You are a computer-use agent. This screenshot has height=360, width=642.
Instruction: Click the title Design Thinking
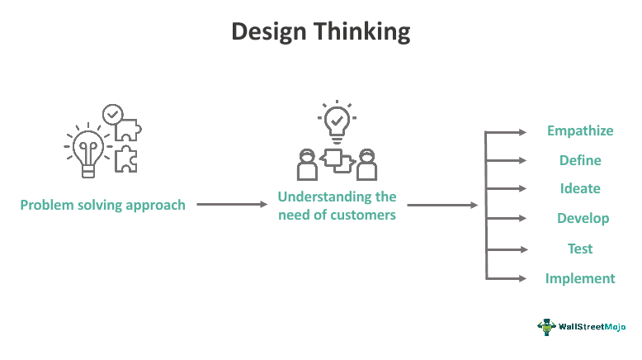321,31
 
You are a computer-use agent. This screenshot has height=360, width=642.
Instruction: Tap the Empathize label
580,130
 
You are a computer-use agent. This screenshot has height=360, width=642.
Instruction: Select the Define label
580,160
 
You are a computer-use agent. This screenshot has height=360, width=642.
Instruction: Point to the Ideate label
580,188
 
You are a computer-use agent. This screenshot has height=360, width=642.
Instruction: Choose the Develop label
583,218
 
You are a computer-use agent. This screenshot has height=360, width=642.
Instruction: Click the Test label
580,249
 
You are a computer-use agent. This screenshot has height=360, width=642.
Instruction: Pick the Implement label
580,278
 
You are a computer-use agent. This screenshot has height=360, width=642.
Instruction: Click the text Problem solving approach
103,205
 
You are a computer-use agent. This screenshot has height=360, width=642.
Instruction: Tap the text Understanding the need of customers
337,206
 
